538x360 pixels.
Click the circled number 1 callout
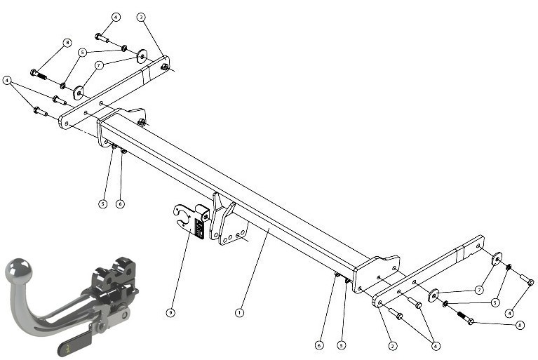[239, 313]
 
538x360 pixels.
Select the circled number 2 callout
[393, 346]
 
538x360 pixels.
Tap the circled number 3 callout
[141, 17]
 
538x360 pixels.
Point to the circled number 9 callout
[170, 313]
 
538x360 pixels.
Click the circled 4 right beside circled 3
[116, 17]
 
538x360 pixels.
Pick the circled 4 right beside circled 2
[436, 346]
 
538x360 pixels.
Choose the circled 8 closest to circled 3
[67, 43]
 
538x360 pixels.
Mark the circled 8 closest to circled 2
[520, 325]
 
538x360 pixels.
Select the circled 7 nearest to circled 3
[99, 65]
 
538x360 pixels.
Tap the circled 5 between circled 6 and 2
[342, 345]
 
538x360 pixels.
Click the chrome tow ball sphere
[19, 270]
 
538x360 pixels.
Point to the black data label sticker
[199, 228]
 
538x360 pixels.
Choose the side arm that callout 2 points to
[429, 271]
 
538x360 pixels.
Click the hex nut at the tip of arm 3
[165, 67]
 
